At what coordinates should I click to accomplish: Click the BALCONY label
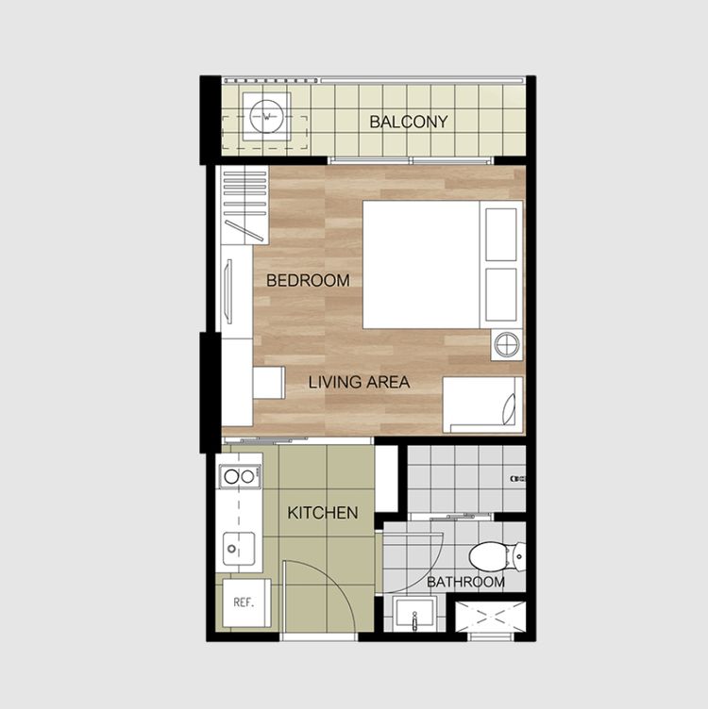coord(409,122)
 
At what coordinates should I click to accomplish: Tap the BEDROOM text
coord(308,281)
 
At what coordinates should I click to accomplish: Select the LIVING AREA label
coord(359,383)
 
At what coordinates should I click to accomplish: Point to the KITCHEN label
coord(323,513)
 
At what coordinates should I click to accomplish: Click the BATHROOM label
coord(465,582)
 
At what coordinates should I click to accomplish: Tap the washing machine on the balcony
coord(266,117)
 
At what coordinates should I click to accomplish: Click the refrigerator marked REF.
coord(246,602)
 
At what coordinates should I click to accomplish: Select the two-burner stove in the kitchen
coord(240,476)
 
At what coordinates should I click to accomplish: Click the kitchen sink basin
coord(239,549)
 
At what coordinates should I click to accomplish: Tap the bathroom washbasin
coord(414,614)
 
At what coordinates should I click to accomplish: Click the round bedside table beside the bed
coord(506,345)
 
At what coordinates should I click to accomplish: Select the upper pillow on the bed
coord(501,234)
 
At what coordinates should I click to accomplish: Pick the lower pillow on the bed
coord(501,295)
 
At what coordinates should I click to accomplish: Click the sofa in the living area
coord(483,405)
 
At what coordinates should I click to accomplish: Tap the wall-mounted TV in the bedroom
coord(228,291)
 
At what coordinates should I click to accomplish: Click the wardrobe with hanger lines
coord(244,206)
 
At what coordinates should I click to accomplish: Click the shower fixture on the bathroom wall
coord(518,478)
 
